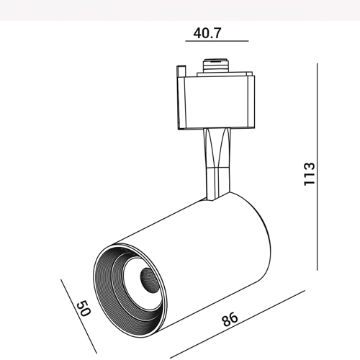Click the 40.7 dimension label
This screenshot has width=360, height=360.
click(207, 33)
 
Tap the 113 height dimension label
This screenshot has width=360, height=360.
click(309, 174)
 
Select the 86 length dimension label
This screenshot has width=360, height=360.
click(230, 319)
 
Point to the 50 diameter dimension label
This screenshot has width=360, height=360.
click(84, 308)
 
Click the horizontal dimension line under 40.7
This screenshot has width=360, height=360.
click(217, 41)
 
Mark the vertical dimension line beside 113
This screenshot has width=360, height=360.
click(318, 167)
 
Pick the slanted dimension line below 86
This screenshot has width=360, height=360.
click(238, 324)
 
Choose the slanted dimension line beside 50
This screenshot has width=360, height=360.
click(78, 316)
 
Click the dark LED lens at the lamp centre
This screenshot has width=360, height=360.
click(149, 280)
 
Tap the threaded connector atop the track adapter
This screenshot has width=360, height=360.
click(215, 66)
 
